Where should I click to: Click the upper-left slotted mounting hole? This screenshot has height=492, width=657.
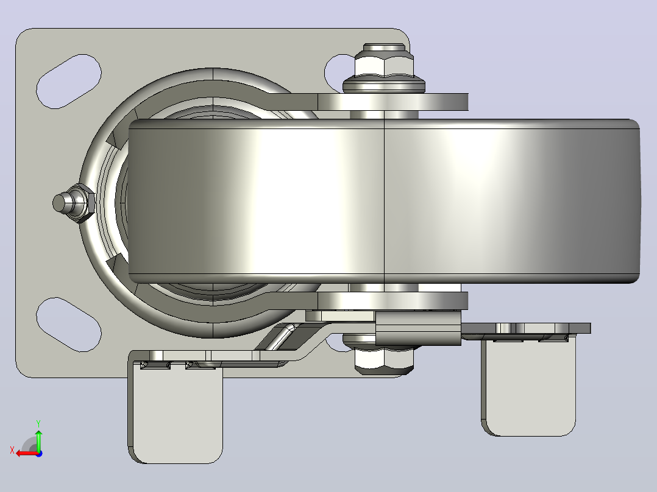click(69, 81)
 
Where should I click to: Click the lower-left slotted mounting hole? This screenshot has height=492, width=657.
click(69, 325)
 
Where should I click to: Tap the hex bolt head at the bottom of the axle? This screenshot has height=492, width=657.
click(384, 360)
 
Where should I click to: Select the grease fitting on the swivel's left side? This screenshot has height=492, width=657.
click(74, 203)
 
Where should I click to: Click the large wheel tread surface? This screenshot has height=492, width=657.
click(384, 201)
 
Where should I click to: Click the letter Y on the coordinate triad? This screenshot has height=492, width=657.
click(38, 423)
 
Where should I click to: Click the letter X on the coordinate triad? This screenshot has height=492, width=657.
click(12, 450)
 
